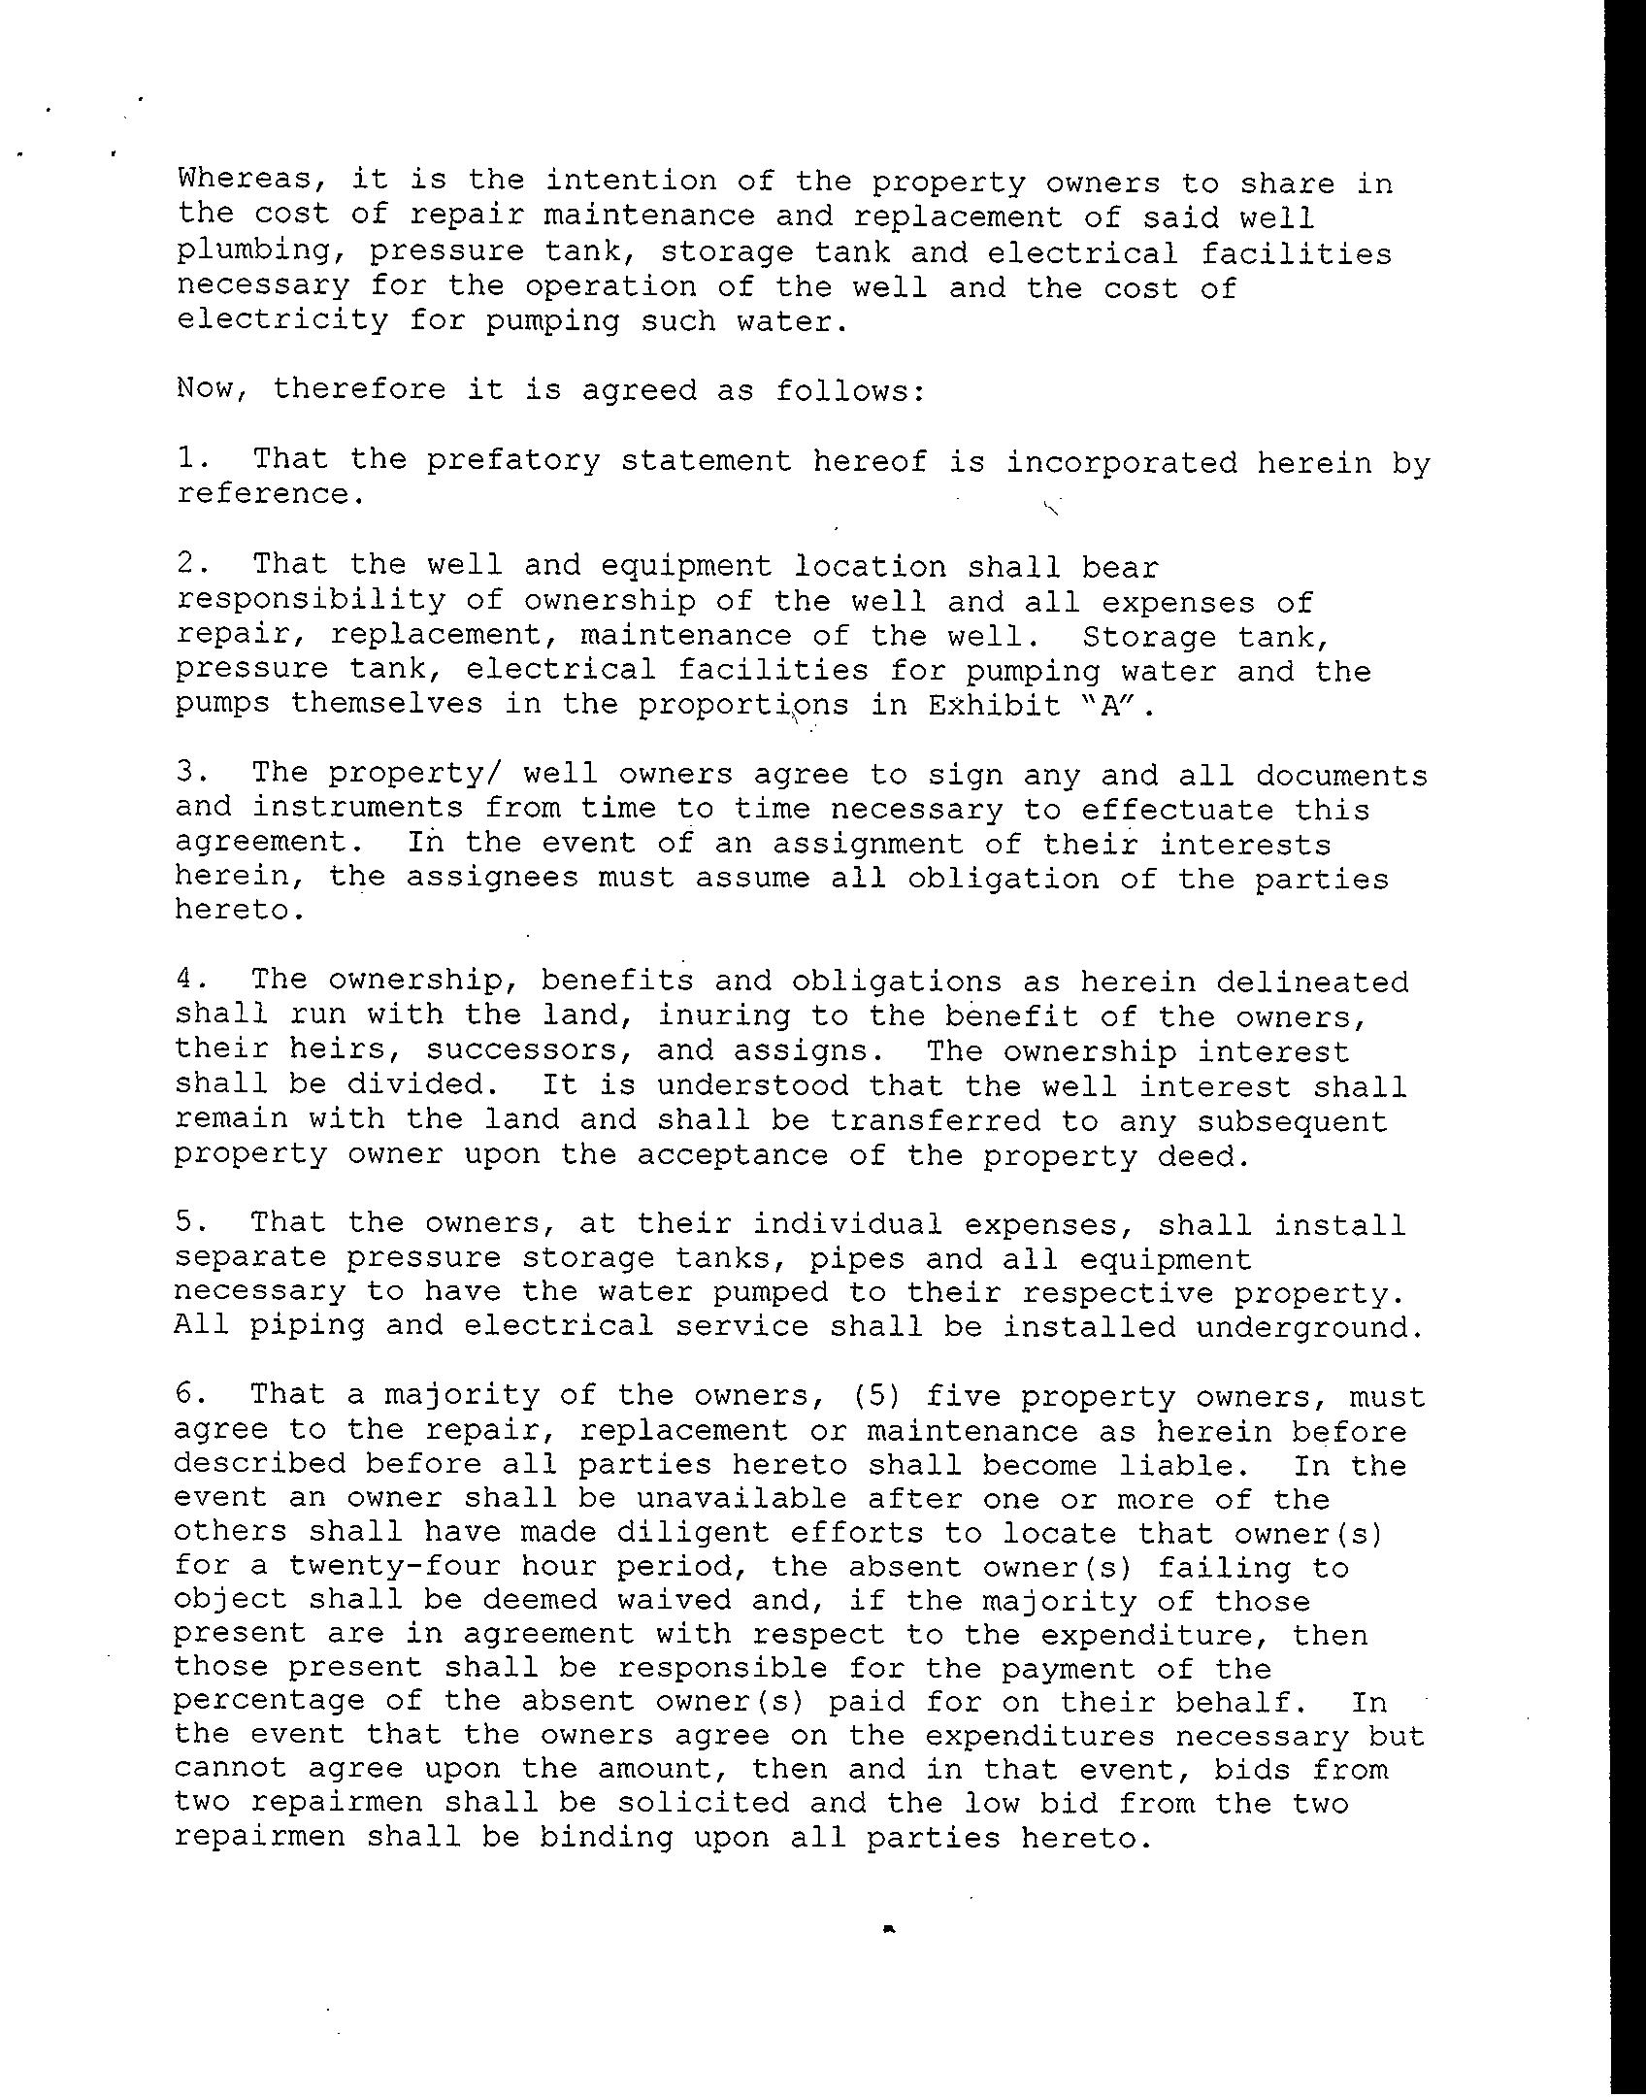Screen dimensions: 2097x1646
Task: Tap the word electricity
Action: [281, 320]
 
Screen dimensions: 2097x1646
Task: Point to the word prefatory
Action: [513, 460]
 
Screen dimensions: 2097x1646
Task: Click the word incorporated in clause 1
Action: [1121, 462]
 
